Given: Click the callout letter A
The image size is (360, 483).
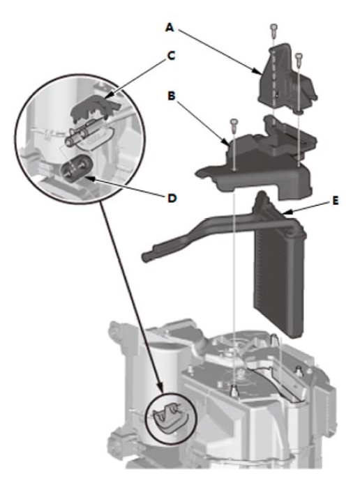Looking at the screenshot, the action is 170,28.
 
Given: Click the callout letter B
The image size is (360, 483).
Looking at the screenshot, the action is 172,95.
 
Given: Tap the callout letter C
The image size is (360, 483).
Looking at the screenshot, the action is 171,56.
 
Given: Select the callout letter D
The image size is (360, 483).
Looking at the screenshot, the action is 172,198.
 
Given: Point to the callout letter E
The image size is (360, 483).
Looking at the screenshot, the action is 336,201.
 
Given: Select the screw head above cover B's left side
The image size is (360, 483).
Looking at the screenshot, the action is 234,122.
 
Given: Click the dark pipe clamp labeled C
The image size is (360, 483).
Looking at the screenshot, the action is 93,108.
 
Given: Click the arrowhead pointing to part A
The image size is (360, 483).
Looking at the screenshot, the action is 257,71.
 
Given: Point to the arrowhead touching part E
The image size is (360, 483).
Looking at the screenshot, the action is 285,212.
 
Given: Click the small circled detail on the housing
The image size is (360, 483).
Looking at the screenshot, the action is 171,418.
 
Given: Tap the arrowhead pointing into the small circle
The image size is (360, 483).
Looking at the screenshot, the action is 160,388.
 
